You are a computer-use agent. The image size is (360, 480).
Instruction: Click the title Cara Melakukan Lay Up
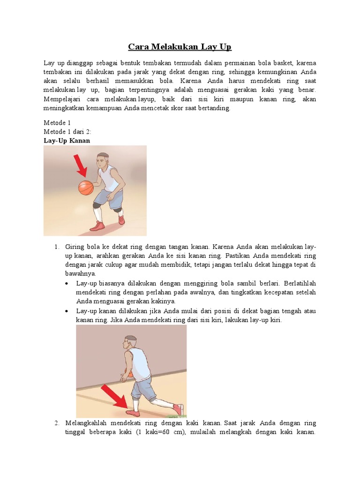pyautogui.click(x=180, y=47)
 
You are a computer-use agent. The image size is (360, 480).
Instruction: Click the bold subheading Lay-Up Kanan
pyautogui.click(x=67, y=140)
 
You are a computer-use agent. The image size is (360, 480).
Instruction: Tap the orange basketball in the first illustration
pyautogui.click(x=86, y=187)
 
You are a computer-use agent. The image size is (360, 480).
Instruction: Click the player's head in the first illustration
pyautogui.click(x=103, y=161)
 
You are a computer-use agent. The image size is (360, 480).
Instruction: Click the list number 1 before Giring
pyautogui.click(x=56, y=247)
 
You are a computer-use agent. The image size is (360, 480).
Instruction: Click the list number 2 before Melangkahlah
pyautogui.click(x=56, y=423)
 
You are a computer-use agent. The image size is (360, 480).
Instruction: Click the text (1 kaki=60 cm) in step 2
pyautogui.click(x=157, y=432)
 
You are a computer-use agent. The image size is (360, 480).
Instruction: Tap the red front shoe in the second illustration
pyautogui.click(x=132, y=413)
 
